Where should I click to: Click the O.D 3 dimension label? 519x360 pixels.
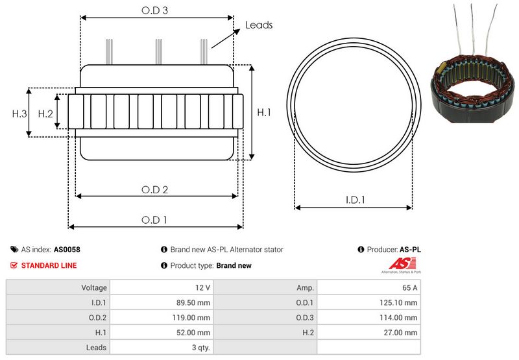(x=156, y=10)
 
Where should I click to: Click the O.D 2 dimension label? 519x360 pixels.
(x=155, y=189)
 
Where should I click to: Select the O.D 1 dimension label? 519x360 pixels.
(x=155, y=220)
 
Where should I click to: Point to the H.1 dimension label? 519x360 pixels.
(x=264, y=113)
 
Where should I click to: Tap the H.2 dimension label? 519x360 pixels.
(x=45, y=114)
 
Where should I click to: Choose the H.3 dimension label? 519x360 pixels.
(x=19, y=114)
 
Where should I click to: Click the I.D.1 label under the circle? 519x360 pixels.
(x=354, y=200)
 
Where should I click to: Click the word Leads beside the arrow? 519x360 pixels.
(x=259, y=25)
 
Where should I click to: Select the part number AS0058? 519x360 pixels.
(x=67, y=249)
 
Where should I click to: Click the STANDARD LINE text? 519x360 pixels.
(x=49, y=265)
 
